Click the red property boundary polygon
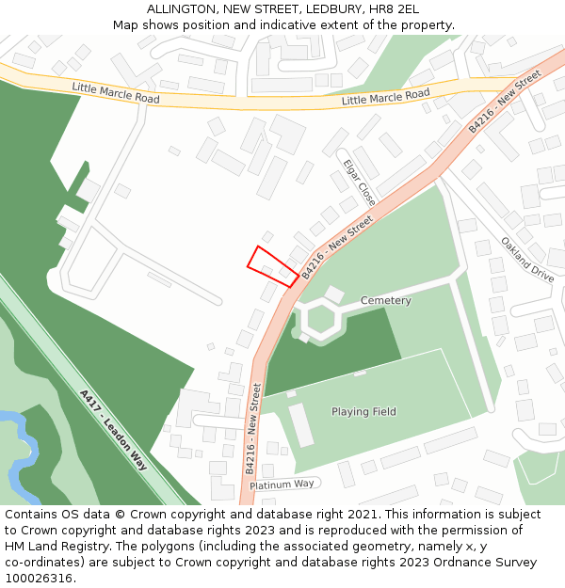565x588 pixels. point(272,266)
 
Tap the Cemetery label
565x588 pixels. point(385,301)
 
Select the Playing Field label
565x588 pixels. point(363,412)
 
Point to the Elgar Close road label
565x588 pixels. point(360,182)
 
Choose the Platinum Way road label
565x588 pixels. point(282,484)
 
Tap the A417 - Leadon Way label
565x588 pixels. point(114,430)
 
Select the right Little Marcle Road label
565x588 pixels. point(385,97)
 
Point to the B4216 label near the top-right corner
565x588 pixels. point(505,101)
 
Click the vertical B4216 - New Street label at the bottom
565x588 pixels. point(251,429)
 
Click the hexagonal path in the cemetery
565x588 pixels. point(320,318)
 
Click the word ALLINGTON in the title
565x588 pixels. point(179,9)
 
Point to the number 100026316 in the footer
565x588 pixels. point(37,579)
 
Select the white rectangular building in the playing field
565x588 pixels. point(301,424)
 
